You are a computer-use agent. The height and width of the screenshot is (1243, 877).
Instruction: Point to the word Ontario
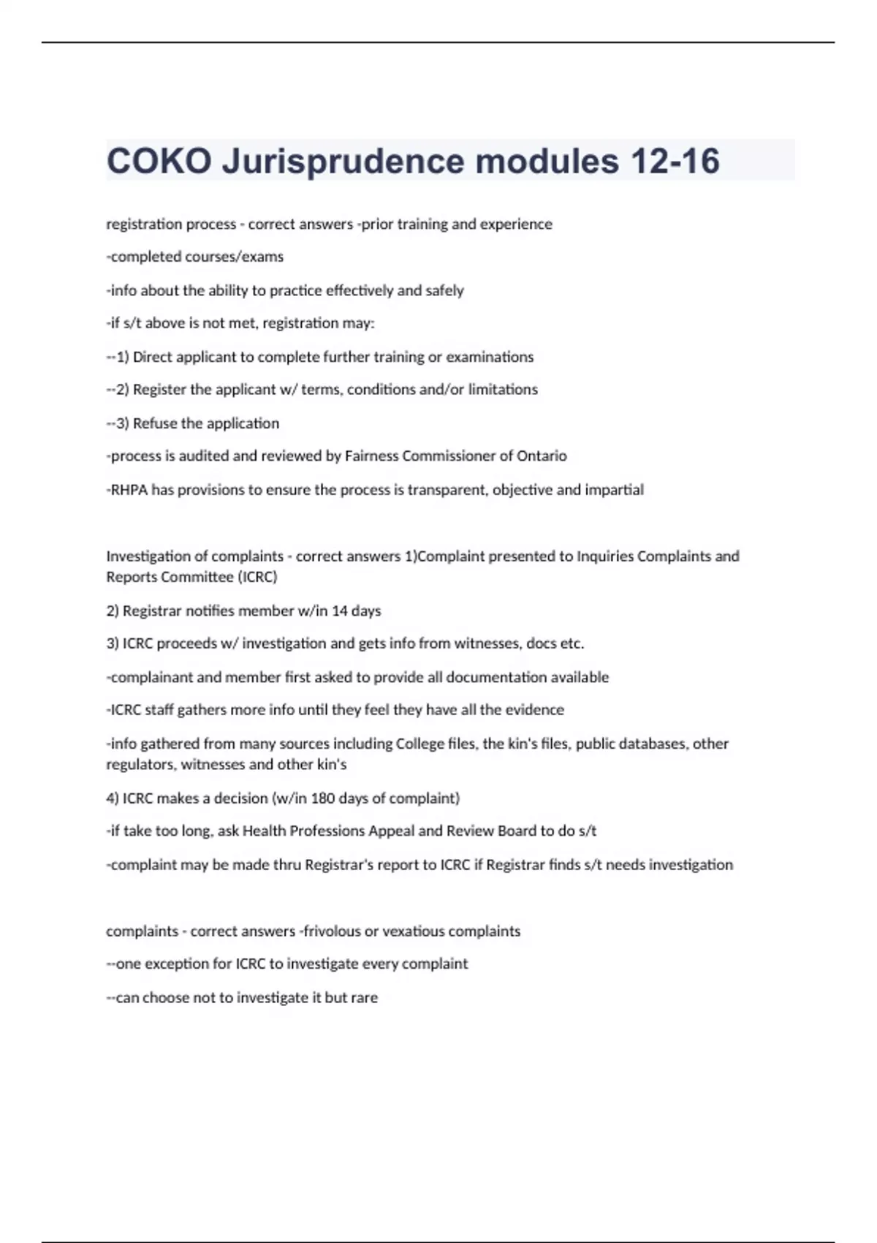click(542, 456)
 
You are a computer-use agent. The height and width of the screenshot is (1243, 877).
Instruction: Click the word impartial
click(614, 490)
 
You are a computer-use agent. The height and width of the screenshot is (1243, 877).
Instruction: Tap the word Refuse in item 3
click(155, 423)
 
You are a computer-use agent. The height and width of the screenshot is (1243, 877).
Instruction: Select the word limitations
click(503, 390)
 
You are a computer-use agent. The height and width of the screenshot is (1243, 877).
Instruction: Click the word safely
click(444, 291)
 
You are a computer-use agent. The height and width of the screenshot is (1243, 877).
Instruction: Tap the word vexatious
click(413, 932)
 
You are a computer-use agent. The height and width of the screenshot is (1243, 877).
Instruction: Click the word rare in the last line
click(364, 998)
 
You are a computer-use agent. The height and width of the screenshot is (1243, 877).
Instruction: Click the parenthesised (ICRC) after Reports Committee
click(257, 578)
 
